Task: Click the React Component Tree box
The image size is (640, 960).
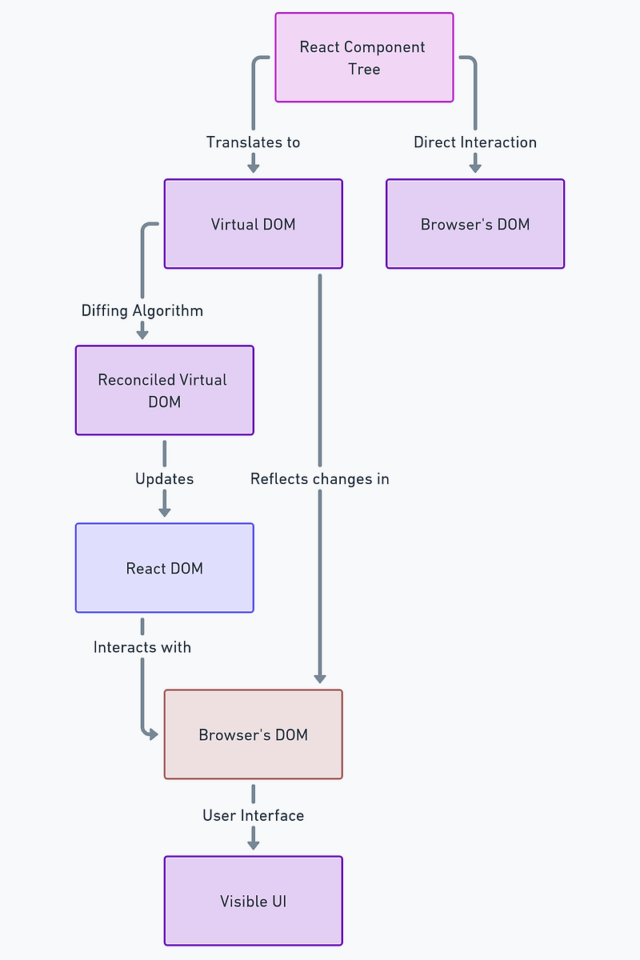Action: pyautogui.click(x=364, y=58)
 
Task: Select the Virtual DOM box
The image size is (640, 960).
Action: pyautogui.click(x=253, y=224)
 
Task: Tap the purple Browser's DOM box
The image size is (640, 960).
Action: pyautogui.click(x=475, y=224)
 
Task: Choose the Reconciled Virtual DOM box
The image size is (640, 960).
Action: pyautogui.click(x=164, y=390)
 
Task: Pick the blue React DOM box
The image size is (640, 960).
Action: pyautogui.click(x=164, y=568)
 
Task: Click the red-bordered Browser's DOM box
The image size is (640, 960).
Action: pyautogui.click(x=253, y=734)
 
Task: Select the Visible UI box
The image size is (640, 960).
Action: pyautogui.click(x=253, y=901)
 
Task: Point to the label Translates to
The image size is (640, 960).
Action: pyautogui.click(x=253, y=142)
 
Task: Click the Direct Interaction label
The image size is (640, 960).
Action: pyautogui.click(x=475, y=142)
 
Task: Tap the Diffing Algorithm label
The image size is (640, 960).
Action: pyautogui.click(x=142, y=310)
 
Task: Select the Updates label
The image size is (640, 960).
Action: pyautogui.click(x=164, y=479)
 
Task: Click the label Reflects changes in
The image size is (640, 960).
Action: pyautogui.click(x=320, y=479)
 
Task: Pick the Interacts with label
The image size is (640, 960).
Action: pyautogui.click(x=142, y=647)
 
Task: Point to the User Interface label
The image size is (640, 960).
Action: pyautogui.click(x=253, y=816)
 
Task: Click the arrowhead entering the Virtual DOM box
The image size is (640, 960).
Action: pyautogui.click(x=254, y=167)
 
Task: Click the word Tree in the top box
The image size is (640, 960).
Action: pyautogui.click(x=364, y=70)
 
